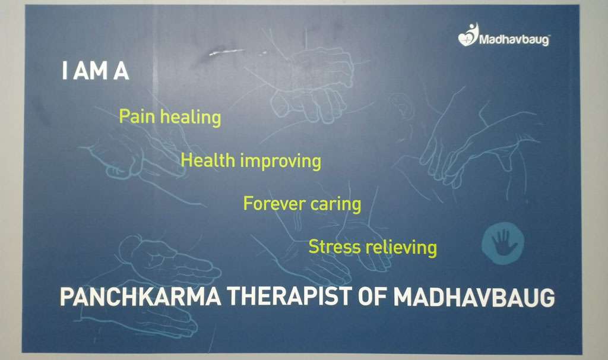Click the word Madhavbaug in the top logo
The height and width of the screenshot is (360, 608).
515,40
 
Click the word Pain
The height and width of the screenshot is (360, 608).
137,116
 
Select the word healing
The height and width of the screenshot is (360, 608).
191,117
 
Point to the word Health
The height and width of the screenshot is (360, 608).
208,160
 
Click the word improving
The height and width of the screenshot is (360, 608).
281,162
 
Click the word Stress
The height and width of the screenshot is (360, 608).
334,247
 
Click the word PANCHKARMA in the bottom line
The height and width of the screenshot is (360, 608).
141,297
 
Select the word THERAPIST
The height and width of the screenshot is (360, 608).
290,296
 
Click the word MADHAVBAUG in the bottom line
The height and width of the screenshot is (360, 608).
474,297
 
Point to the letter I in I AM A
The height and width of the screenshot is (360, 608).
64,71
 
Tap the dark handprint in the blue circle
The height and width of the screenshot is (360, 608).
503,242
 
